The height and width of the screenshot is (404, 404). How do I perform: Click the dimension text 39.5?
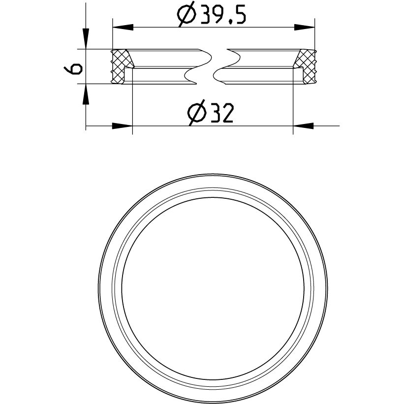pyautogui.click(x=223, y=15)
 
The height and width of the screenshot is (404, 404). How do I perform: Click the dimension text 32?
pyautogui.click(x=222, y=113)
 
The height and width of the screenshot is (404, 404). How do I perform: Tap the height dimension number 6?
pyautogui.click(x=73, y=69)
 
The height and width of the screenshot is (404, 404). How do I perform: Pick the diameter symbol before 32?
pyautogui.click(x=197, y=113)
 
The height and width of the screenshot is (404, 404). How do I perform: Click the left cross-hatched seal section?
pyautogui.click(x=121, y=66)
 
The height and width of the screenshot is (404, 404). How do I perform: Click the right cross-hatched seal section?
pyautogui.click(x=306, y=66)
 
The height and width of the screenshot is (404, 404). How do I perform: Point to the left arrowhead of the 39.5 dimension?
pyautogui.click(x=123, y=27)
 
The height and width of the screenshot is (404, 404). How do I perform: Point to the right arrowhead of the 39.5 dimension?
pyautogui.click(x=304, y=27)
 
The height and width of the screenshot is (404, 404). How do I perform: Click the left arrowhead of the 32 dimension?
pyautogui.click(x=122, y=126)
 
